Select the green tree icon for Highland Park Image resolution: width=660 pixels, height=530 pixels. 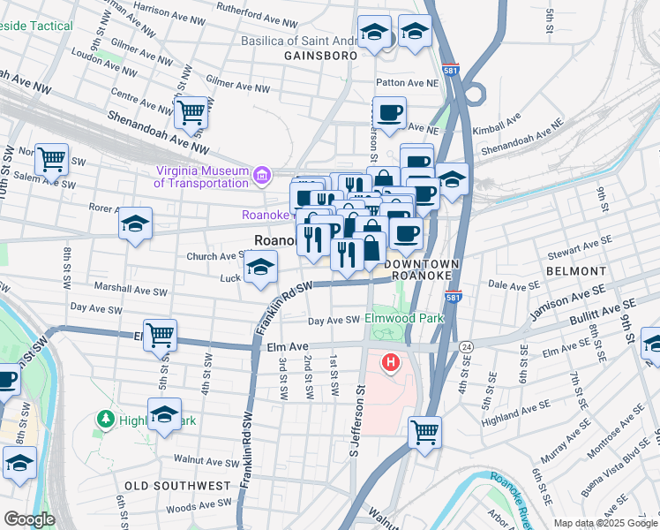tap(106, 418)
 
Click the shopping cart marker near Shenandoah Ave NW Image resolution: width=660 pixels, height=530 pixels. tap(191, 113)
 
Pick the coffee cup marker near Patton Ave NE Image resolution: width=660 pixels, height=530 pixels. tap(389, 113)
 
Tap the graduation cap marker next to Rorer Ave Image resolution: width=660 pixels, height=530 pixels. tap(135, 224)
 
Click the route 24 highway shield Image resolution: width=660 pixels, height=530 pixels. tap(466, 347)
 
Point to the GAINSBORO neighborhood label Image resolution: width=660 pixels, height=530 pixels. tap(321, 56)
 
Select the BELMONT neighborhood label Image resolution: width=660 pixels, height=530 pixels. tap(576, 271)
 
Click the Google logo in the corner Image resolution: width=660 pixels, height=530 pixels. tap(29, 519)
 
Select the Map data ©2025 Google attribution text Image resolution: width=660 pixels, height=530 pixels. tap(604, 523)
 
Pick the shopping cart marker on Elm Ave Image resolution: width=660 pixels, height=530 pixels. tap(161, 337)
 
